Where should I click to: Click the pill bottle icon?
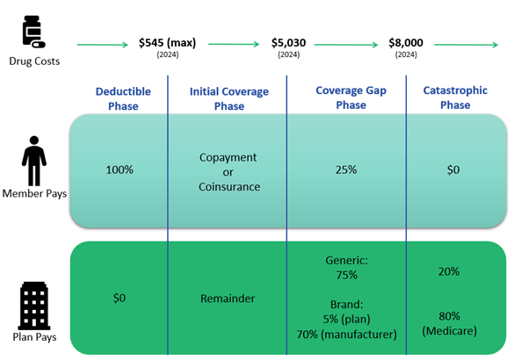33,32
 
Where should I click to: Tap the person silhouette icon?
34,161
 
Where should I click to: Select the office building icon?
34,306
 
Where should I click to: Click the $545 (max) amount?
168,42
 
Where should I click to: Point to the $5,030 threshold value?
288,42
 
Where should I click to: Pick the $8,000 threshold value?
406,42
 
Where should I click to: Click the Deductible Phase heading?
123,98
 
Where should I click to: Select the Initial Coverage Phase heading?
229,98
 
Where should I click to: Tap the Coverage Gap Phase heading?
351,97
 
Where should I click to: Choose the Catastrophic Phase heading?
455,97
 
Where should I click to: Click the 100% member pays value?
119,169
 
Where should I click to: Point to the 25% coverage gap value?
346,169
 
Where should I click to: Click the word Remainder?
228,299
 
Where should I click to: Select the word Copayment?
228,157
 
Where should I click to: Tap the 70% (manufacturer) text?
346,334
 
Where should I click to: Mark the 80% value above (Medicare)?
449,316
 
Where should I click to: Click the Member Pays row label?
34,193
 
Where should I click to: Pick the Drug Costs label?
34,61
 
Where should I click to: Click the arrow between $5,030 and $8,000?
346,45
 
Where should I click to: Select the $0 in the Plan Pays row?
119,298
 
